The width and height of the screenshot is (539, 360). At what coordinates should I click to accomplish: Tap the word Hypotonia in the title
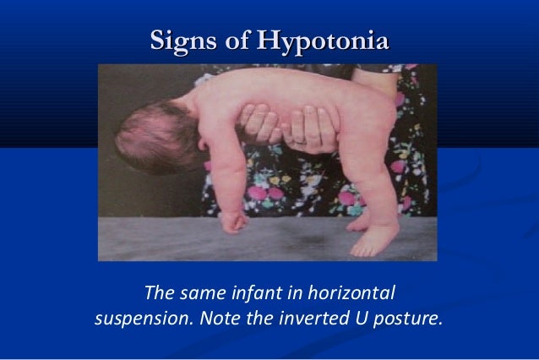click(x=324, y=41)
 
